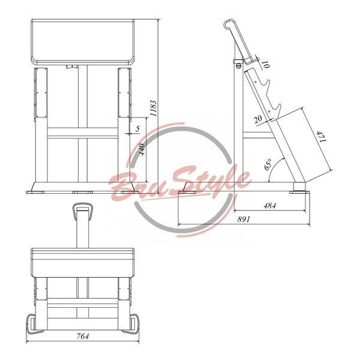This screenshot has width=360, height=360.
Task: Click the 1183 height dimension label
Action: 153,108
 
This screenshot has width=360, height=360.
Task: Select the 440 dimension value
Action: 142,149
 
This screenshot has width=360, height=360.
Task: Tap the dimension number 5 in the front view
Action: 137,128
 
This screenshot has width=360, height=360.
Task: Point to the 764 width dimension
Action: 83,336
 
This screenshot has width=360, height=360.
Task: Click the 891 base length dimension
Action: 244,219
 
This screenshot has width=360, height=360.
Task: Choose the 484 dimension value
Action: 270,205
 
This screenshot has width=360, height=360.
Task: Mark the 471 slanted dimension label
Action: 322,137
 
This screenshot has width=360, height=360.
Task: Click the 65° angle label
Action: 268,164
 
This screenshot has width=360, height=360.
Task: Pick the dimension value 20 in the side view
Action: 258,119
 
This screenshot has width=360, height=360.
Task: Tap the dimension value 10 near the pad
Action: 266,65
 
